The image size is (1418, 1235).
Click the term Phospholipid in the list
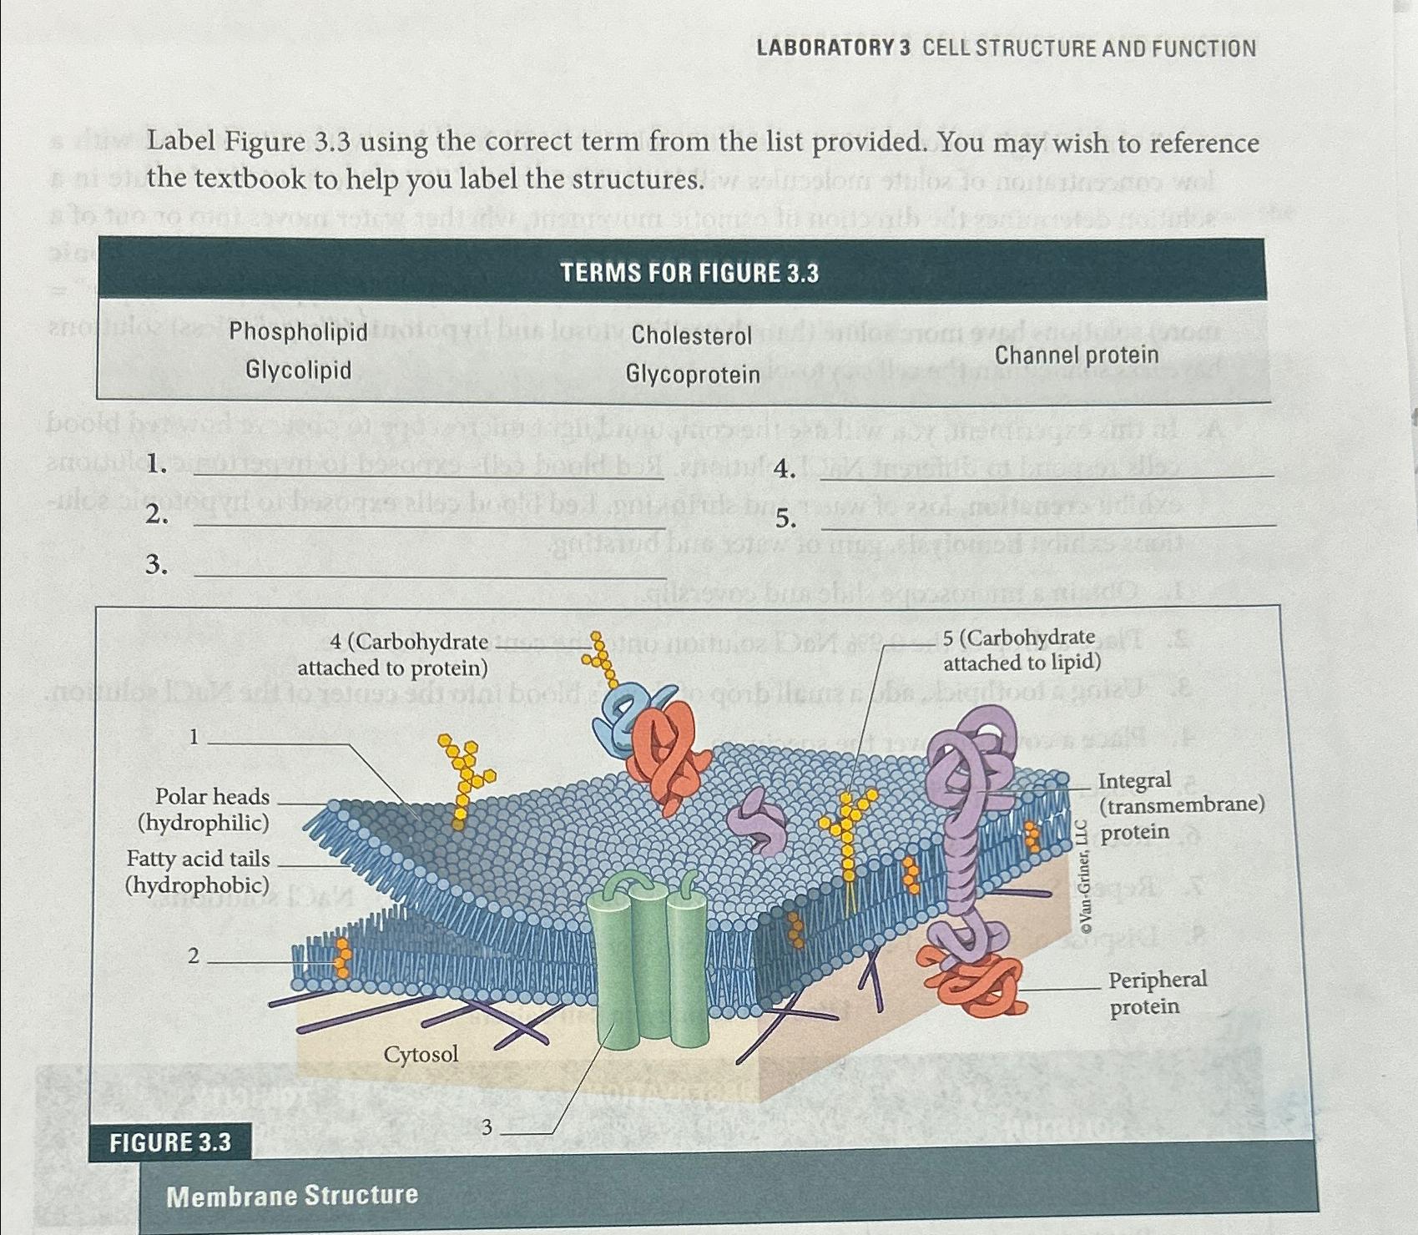click(298, 331)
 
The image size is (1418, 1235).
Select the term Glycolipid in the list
click(298, 370)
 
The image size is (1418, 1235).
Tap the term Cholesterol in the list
click(691, 335)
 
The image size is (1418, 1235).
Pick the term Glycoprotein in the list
click(693, 375)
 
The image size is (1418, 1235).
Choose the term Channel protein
click(1076, 355)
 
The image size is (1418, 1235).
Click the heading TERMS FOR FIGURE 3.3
click(689, 273)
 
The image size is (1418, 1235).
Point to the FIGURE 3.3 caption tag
click(170, 1141)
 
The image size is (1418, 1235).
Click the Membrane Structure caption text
click(291, 1196)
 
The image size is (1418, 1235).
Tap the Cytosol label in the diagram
click(421, 1054)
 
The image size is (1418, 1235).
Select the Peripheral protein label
click(1156, 992)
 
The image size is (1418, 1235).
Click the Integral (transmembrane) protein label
click(1180, 805)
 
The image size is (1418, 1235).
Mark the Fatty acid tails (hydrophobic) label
click(198, 871)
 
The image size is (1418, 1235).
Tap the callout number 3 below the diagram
click(487, 1127)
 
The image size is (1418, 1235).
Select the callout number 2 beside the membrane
click(194, 956)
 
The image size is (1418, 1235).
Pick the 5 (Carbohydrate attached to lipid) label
click(1021, 649)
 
